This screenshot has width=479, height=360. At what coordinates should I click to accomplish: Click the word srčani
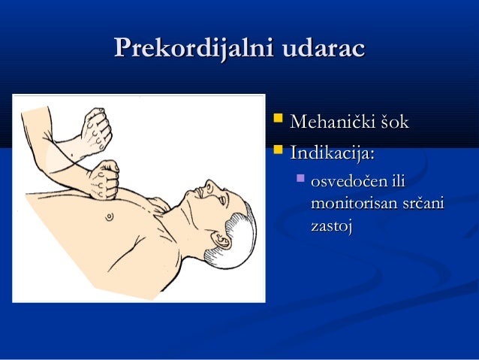(425, 204)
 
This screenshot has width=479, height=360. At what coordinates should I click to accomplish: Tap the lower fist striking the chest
(103, 178)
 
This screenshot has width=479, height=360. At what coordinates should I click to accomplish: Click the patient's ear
(222, 240)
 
